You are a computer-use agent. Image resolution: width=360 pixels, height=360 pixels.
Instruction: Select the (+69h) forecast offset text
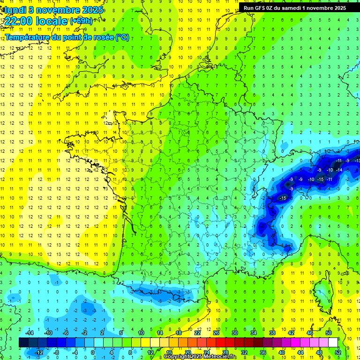tap(81, 21)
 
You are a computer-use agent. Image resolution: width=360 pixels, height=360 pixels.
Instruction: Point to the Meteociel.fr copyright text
tap(200, 357)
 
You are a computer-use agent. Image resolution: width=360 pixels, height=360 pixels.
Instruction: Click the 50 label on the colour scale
tap(328, 332)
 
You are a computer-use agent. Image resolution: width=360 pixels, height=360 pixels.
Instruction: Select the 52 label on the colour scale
tap(337, 352)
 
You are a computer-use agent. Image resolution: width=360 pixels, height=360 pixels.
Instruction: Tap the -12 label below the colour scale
tap(38, 352)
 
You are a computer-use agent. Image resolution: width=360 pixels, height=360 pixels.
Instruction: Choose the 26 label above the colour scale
tap(216, 332)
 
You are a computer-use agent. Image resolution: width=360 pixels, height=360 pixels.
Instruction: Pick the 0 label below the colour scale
tap(93, 352)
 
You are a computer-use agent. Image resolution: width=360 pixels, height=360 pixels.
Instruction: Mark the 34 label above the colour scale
tap(254, 332)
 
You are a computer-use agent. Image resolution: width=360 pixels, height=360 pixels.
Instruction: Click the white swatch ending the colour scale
tap(333, 342)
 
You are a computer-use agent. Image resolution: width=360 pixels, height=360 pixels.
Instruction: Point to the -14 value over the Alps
tap(339, 170)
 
